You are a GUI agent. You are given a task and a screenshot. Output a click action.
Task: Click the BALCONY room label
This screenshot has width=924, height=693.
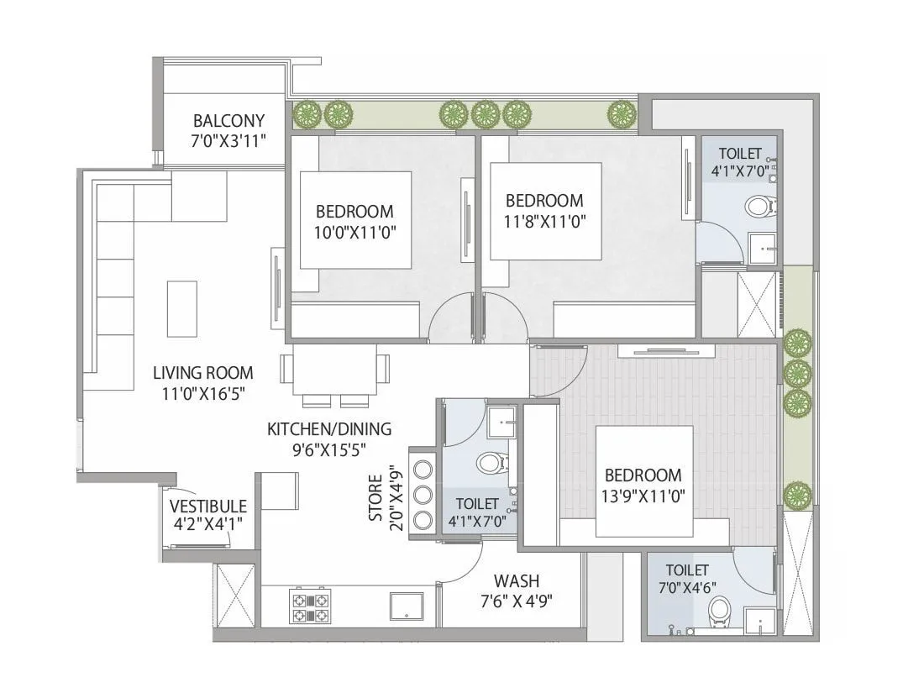point(228,120)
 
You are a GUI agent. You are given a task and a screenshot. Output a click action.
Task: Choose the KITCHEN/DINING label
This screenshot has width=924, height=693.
point(329,429)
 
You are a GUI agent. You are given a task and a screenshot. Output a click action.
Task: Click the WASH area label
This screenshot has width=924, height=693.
point(517,580)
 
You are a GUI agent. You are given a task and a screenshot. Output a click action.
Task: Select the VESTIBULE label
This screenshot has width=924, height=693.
point(208,507)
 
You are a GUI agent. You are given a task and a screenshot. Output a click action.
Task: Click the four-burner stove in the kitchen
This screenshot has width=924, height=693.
point(309,606)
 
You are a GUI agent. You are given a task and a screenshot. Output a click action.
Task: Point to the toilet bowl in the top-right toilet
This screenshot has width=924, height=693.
point(760,206)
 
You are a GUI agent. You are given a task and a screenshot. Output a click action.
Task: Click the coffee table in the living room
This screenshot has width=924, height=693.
point(181,308)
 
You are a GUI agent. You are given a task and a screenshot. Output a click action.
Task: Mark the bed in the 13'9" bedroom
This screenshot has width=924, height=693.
point(644,480)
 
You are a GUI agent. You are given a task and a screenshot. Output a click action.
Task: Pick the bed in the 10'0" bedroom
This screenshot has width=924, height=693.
point(354,220)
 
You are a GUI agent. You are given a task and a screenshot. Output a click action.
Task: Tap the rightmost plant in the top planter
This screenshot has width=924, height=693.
point(622,113)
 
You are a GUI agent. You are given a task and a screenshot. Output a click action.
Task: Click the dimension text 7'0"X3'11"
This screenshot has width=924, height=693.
point(228,140)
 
